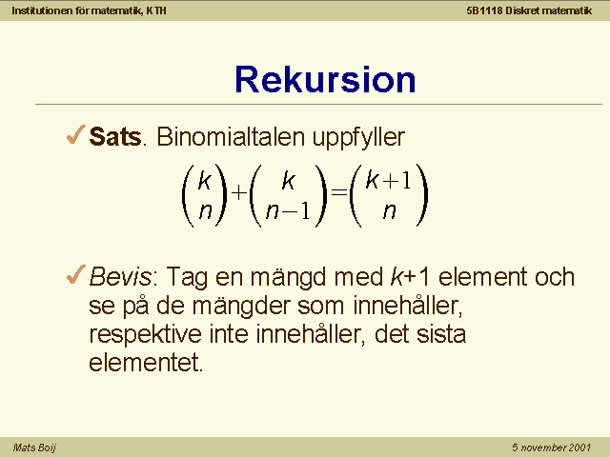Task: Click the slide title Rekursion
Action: point(325,80)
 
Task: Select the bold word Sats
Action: point(115,137)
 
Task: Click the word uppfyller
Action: point(358,138)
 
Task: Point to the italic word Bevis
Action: point(120,277)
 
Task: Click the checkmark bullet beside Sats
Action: point(76,134)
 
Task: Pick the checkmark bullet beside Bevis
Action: point(76,274)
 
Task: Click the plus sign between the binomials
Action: point(239,192)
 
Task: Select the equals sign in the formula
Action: point(338,192)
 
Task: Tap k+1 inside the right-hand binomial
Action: point(388,180)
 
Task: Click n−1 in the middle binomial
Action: point(288,211)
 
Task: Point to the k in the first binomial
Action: point(205,180)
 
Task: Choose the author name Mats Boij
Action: point(34,447)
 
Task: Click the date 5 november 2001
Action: point(551,447)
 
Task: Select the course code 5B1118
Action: point(484,10)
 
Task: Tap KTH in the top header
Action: point(156,10)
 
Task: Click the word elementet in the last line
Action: point(146,363)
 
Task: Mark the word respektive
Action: point(146,335)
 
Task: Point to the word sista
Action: point(441,334)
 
